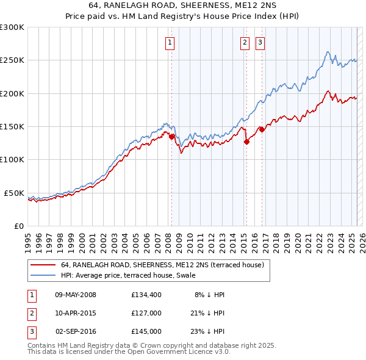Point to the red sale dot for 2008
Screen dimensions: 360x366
(171, 137)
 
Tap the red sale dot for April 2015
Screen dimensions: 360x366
(246, 142)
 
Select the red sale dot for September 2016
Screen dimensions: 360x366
(262, 129)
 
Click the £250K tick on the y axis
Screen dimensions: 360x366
(12, 60)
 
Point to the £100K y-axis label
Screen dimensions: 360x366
(12, 159)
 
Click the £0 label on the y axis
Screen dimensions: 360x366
(18, 226)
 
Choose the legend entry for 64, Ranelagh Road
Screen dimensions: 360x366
(162, 265)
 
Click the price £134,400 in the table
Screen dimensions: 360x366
(146, 295)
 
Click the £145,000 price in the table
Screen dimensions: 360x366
(146, 331)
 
